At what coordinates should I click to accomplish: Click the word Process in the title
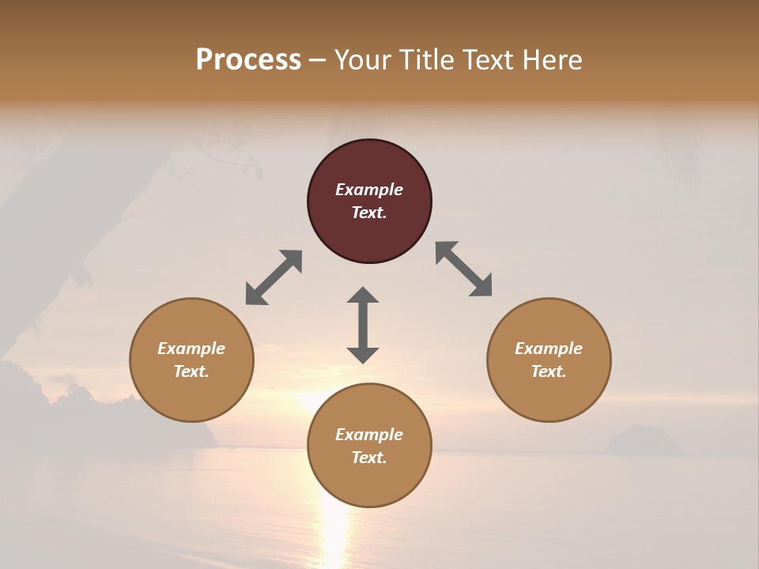[x=248, y=60]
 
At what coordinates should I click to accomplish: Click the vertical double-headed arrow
[x=363, y=325]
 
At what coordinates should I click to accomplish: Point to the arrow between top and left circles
[x=274, y=277]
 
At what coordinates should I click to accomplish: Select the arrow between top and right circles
[x=464, y=269]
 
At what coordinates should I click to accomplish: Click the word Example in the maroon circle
[x=369, y=190]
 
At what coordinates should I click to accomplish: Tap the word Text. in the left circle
[x=191, y=371]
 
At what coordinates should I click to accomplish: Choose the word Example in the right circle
[x=549, y=349]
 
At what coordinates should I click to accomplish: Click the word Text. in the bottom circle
[x=369, y=458]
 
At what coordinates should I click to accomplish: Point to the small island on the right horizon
[x=643, y=440]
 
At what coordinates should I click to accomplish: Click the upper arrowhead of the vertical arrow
[x=363, y=296]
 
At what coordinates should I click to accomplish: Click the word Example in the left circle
[x=191, y=349]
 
